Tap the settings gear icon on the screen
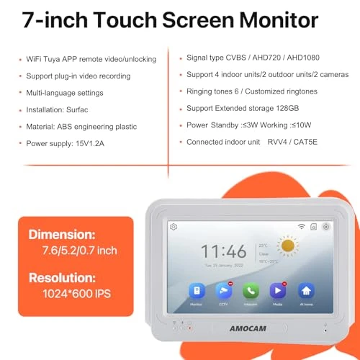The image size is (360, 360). point(174,226)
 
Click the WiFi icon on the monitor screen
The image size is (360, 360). point(301,226)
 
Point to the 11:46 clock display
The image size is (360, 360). point(223,251)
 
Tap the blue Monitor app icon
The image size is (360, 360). point(196,290)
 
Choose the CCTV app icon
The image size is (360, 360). point(223,290)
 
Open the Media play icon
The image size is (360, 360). point(278,290)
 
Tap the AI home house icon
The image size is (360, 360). point(306,290)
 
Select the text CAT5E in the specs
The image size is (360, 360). point(302,142)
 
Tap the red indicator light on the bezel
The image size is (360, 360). point(189,328)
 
